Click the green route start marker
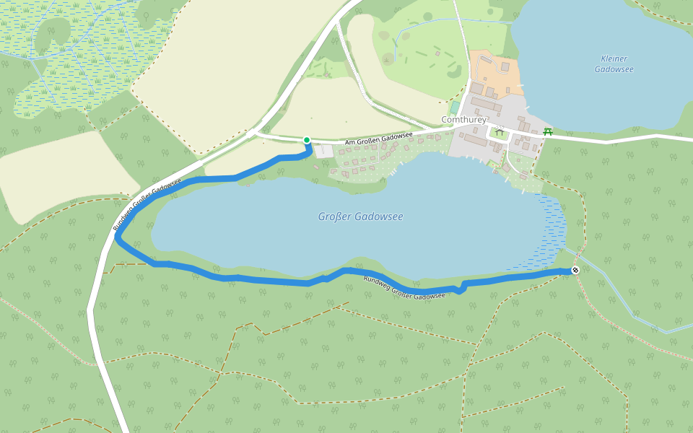click(307, 140)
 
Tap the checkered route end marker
click(575, 270)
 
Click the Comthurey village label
click(464, 120)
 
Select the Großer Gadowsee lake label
click(360, 216)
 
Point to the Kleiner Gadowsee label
click(614, 64)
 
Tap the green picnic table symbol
click(548, 131)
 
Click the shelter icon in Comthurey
click(499, 132)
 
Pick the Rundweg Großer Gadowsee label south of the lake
click(404, 288)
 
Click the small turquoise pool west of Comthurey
click(455, 108)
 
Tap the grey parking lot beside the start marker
click(323, 151)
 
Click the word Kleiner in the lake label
click(614, 58)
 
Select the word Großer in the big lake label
click(335, 216)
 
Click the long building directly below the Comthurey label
click(476, 139)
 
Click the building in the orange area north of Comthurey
click(504, 66)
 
